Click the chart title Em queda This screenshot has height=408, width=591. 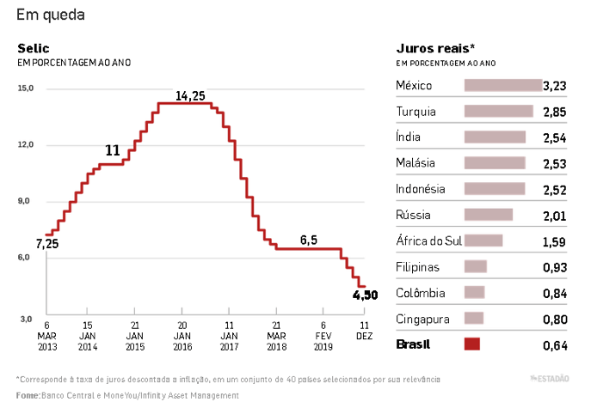51,15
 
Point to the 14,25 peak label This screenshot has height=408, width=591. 190,95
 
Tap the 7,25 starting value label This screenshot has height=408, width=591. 47,244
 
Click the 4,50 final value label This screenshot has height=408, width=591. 366,295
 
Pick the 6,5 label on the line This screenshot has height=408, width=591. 310,240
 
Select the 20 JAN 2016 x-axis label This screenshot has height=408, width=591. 182,336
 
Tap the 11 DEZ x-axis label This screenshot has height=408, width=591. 364,331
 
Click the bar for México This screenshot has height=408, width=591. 503,85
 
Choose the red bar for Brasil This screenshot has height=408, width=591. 471,344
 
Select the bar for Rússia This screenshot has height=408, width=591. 488,215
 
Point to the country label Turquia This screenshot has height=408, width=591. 416,112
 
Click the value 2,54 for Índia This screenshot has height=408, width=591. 555,137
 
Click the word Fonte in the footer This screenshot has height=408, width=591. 28,395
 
